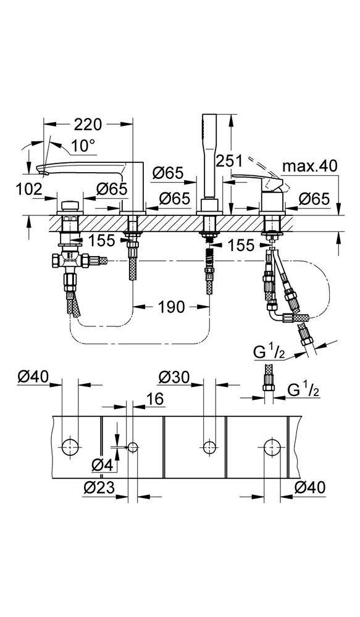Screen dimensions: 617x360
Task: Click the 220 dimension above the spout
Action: click(x=88, y=125)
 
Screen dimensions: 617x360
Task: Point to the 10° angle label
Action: click(x=83, y=146)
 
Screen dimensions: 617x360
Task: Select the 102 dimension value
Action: click(x=30, y=190)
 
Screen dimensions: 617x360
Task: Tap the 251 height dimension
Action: click(x=229, y=160)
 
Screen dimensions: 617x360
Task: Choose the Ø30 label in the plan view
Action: click(x=174, y=376)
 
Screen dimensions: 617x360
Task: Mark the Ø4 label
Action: click(x=101, y=466)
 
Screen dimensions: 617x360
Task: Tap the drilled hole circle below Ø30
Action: click(x=209, y=445)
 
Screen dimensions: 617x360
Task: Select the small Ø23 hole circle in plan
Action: click(x=132, y=446)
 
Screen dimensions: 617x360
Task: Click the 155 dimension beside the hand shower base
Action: click(x=240, y=246)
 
